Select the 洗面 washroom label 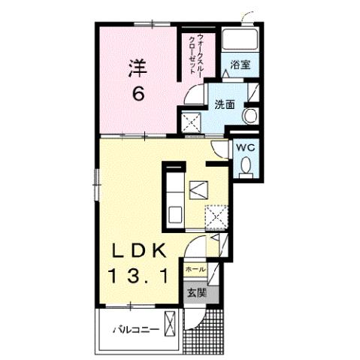[225, 104]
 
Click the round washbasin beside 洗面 [250, 116]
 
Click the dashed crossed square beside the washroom [190, 120]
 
